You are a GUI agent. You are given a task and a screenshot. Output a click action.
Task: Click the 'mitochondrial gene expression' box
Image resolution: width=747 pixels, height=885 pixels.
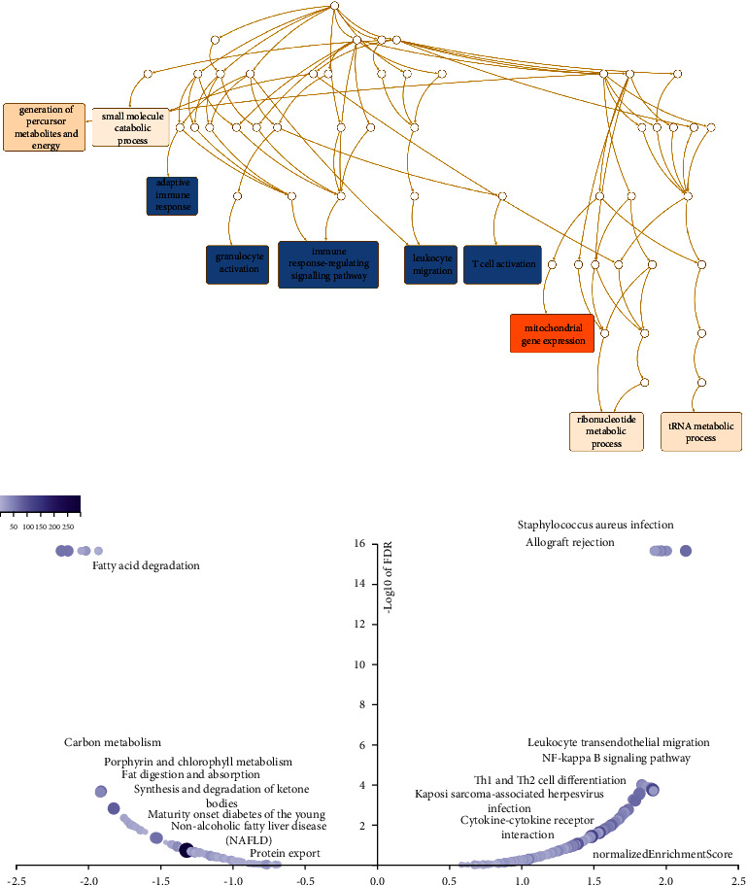pos(552,332)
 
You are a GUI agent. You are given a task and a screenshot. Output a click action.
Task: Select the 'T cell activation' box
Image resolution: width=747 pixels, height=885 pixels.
pos(495,264)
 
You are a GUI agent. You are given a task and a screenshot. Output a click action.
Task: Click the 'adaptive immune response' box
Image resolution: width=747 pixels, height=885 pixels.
pos(172,194)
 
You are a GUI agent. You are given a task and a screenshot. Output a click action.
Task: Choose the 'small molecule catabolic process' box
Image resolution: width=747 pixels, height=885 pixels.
pos(130,127)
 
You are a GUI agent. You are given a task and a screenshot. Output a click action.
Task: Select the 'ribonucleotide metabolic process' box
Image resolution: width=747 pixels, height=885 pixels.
pos(607,431)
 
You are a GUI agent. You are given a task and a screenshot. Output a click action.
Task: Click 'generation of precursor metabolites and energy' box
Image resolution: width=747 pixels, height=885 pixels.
pos(45,127)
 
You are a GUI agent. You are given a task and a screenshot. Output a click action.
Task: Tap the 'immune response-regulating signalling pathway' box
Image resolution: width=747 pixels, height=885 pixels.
pos(327,262)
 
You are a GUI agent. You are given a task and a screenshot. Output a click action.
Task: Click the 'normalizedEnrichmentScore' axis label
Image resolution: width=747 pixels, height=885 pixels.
pos(662,854)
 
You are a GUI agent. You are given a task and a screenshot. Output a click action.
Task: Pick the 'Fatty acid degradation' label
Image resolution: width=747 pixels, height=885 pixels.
pos(146,565)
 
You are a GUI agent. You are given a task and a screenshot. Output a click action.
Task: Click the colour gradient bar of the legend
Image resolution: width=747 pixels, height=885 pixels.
pos(40,503)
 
